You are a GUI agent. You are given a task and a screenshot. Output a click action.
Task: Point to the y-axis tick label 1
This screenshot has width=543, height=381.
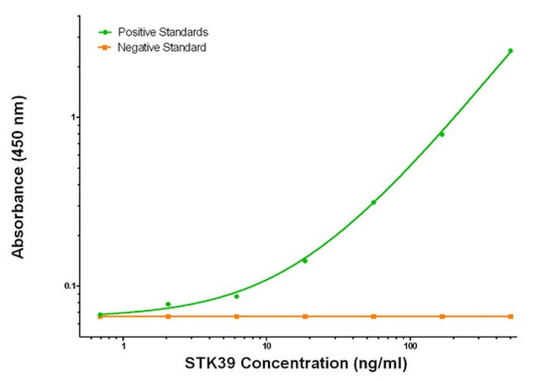[73, 117]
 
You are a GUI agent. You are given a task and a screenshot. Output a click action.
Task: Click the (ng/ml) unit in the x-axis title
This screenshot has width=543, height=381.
[383, 365]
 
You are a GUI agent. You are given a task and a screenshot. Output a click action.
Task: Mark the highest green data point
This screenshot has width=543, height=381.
[510, 51]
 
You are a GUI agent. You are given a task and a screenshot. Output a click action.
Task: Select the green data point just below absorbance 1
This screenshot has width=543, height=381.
[442, 135]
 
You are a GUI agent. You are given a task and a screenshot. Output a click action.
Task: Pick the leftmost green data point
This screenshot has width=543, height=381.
[100, 315]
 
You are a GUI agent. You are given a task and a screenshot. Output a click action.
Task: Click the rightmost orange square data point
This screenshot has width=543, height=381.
[510, 317]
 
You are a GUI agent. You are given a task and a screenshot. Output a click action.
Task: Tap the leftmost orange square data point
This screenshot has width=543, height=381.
[100, 317]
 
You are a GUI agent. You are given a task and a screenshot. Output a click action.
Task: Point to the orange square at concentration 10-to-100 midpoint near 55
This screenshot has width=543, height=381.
[373, 317]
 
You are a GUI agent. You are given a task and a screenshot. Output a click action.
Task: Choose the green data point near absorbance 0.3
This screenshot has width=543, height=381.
[373, 202]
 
